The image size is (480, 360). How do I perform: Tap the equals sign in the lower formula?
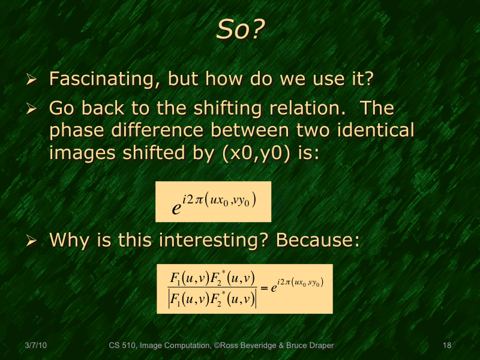tap(263, 288)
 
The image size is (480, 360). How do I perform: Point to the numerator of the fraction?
tap(212, 278)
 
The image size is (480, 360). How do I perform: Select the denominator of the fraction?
tap(212, 298)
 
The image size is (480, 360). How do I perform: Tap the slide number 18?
tap(446, 346)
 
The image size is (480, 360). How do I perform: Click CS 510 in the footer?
tap(122, 346)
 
